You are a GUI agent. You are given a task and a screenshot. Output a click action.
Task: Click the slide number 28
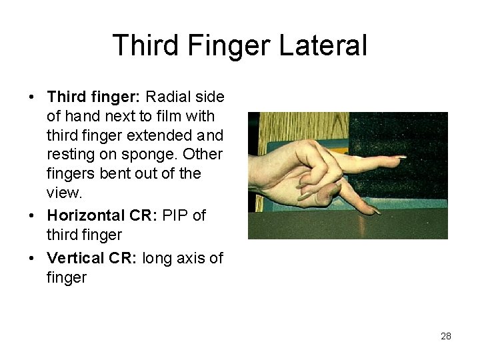(446, 336)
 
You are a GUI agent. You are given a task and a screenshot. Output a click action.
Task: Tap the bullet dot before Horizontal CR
(33, 216)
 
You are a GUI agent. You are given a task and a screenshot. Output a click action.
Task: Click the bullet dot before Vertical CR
(33, 258)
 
